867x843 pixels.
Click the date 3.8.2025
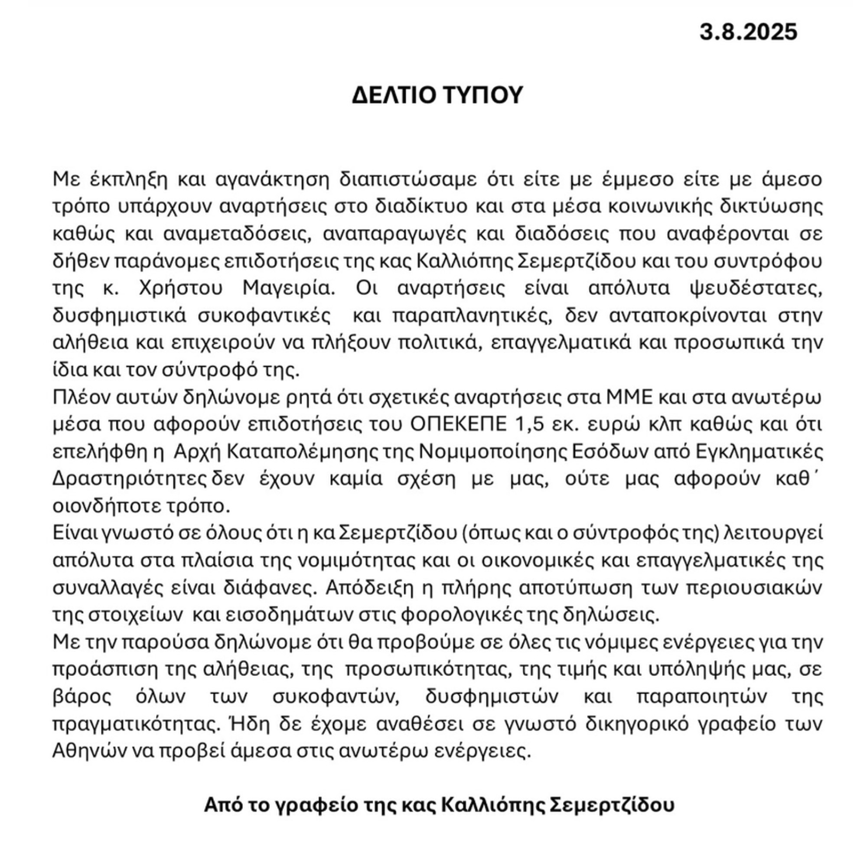[748, 33]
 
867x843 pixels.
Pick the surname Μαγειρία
[289, 288]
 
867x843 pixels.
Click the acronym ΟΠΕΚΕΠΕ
[458, 424]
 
